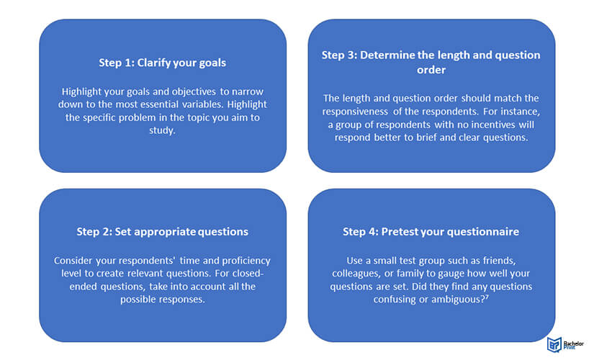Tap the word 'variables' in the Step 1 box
click(x=202, y=104)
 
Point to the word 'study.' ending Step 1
click(x=162, y=131)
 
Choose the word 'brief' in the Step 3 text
click(x=426, y=138)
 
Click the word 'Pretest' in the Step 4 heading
click(x=397, y=232)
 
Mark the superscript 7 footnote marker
click(x=487, y=297)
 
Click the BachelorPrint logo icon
click(x=554, y=344)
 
